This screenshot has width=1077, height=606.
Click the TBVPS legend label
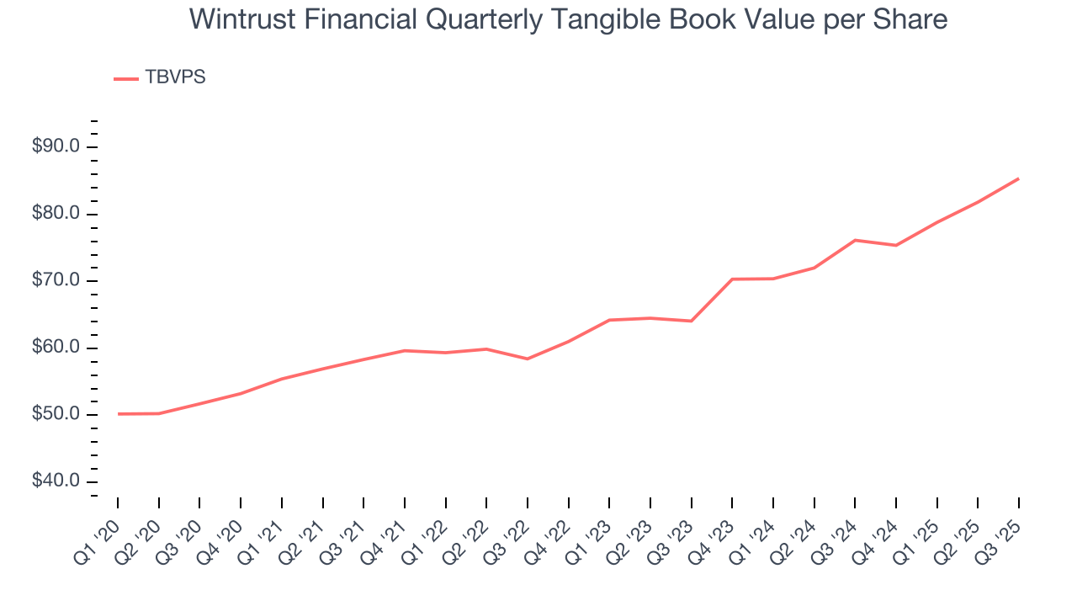tap(175, 77)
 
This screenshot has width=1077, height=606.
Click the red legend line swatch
tap(125, 78)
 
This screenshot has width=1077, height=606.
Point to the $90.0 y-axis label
tap(56, 147)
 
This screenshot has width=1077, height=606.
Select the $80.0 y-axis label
tap(56, 214)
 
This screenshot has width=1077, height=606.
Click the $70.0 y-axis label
tap(56, 281)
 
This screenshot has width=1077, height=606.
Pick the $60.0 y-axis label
tap(56, 348)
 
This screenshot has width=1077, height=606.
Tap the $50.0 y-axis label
tap(56, 415)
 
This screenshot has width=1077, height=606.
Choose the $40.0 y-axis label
tap(56, 481)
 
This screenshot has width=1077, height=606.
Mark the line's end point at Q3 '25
tap(1019, 178)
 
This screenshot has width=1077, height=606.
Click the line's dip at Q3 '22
tap(527, 359)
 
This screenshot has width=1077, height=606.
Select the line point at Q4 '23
tap(732, 279)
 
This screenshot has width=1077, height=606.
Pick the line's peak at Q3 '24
tap(855, 240)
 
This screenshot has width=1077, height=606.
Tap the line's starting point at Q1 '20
tap(118, 414)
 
